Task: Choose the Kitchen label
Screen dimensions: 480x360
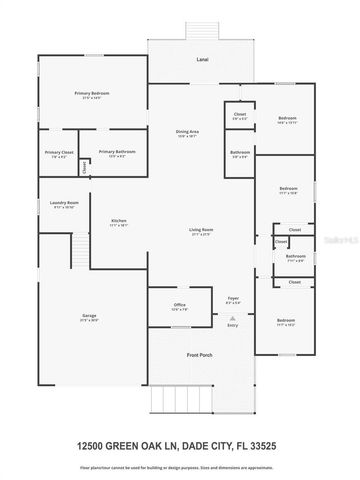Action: click(118, 221)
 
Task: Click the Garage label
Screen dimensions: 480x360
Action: click(88, 316)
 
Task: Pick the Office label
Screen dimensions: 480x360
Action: click(180, 305)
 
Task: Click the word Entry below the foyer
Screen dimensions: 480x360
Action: click(233, 324)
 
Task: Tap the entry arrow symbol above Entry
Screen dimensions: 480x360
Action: click(233, 314)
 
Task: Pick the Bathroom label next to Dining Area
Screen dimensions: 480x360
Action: click(239, 153)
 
